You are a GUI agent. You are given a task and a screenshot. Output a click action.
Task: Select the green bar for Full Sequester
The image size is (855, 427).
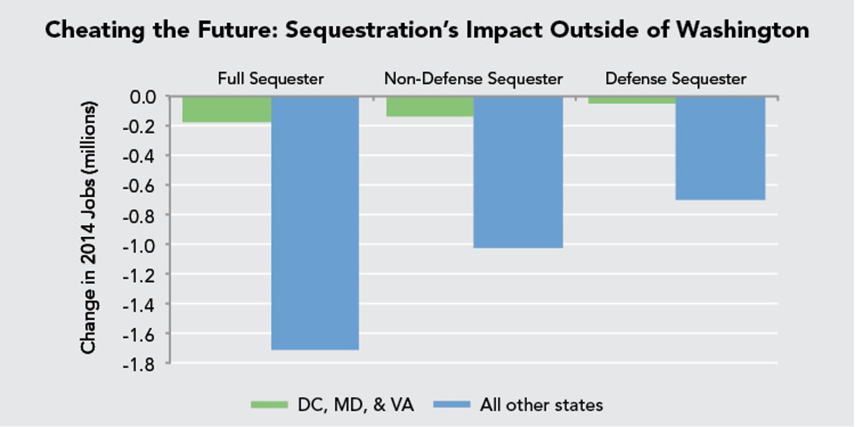point(226,109)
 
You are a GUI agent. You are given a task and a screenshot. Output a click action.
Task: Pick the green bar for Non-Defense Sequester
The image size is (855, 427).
point(430,106)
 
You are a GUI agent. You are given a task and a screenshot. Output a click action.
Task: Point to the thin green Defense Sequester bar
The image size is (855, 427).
point(632,100)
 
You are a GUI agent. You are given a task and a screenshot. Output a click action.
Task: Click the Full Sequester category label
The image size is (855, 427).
point(270,78)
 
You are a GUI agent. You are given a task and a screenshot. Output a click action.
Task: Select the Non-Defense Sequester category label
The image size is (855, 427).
point(473,78)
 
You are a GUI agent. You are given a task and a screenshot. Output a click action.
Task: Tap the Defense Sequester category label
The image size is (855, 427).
point(675,78)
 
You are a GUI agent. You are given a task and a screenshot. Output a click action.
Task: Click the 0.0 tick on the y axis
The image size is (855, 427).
point(142,96)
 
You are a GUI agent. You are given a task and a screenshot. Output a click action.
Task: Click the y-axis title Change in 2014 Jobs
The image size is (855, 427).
point(88,228)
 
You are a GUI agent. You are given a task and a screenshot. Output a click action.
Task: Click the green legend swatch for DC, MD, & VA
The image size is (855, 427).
point(269,404)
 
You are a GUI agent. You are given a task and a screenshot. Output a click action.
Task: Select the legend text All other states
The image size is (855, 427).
point(541,404)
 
